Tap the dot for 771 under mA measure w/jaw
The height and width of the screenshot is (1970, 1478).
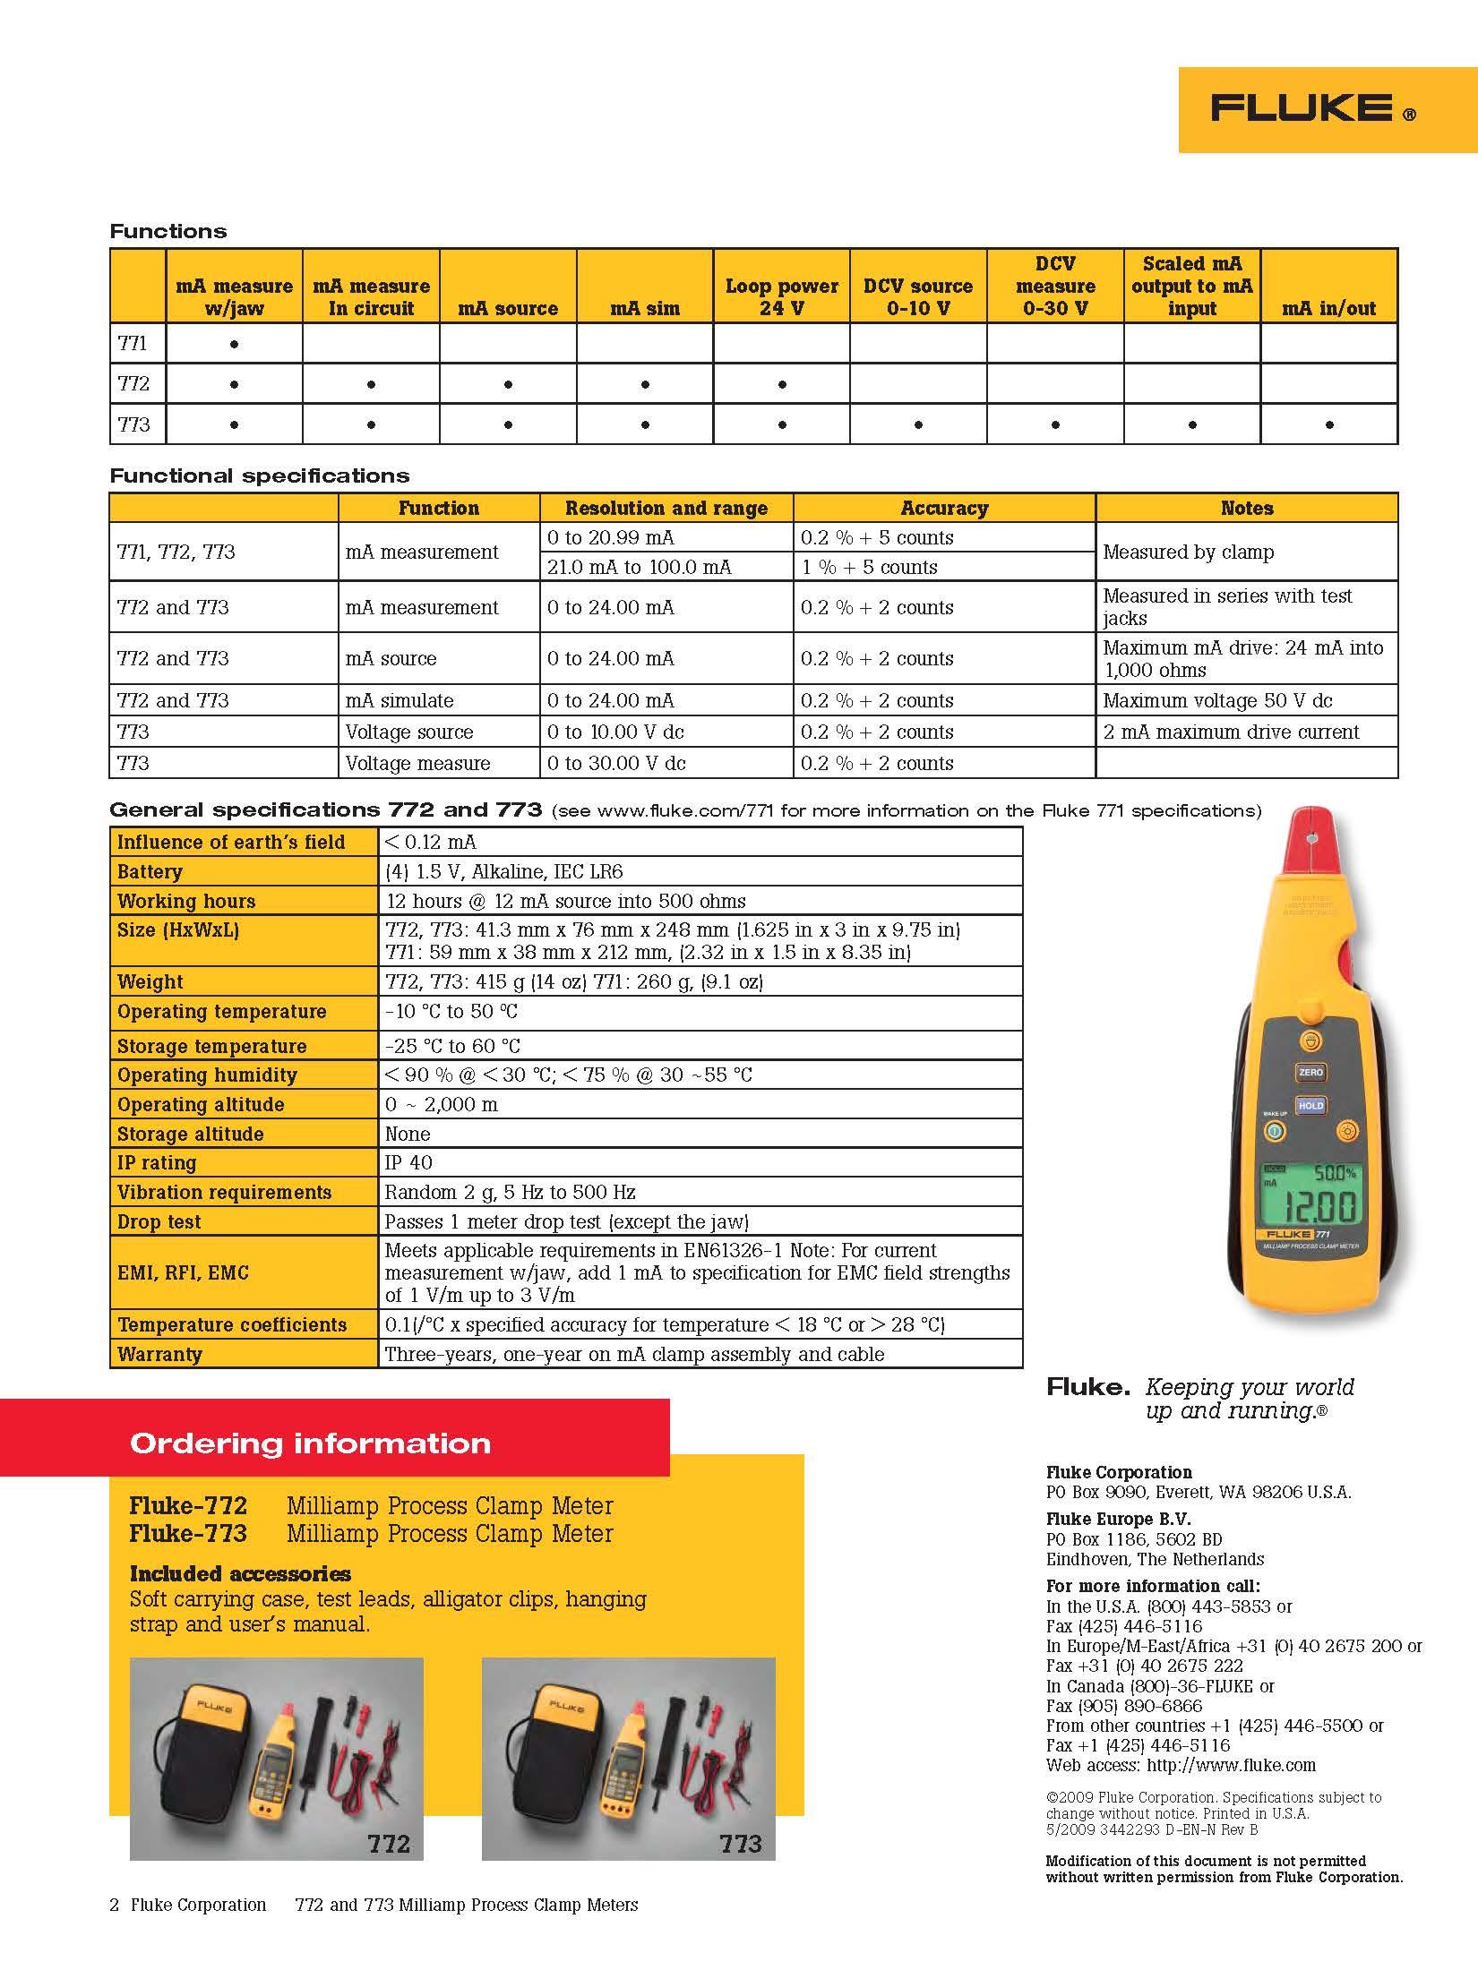pyautogui.click(x=234, y=344)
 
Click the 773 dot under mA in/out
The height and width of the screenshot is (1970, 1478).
pyautogui.click(x=1328, y=425)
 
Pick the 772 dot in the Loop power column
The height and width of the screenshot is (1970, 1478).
pyautogui.click(x=782, y=385)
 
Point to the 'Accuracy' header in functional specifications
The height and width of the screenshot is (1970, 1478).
pyautogui.click(x=944, y=509)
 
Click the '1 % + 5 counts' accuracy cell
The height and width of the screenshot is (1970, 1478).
pyautogui.click(x=869, y=567)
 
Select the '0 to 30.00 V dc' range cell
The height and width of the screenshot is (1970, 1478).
pyautogui.click(x=615, y=763)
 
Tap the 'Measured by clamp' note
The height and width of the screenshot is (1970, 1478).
pyautogui.click(x=1188, y=552)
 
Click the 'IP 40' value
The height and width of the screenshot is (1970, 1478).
pyautogui.click(x=408, y=1162)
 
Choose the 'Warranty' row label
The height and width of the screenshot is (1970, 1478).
pyautogui.click(x=159, y=1354)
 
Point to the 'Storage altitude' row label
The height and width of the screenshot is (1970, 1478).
pyautogui.click(x=190, y=1134)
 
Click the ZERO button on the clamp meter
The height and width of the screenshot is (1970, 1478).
pyautogui.click(x=1310, y=1072)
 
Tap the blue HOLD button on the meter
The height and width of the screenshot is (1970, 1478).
pyautogui.click(x=1310, y=1106)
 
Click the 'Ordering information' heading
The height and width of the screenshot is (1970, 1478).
pyautogui.click(x=310, y=1443)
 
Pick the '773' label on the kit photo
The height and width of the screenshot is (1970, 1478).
pyautogui.click(x=740, y=1844)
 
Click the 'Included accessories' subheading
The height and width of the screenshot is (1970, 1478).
pyautogui.click(x=240, y=1573)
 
